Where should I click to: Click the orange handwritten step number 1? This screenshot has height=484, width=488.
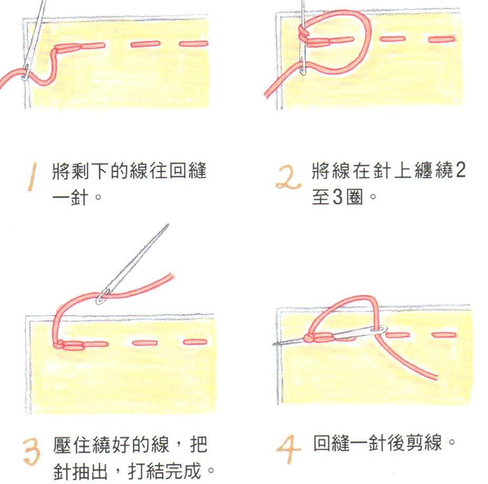click(x=32, y=177)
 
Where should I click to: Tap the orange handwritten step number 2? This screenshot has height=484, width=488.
click(x=288, y=178)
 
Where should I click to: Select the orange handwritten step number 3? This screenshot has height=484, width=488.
click(x=32, y=451)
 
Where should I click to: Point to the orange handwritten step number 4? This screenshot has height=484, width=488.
click(x=288, y=449)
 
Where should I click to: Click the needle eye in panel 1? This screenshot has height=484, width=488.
click(x=26, y=71)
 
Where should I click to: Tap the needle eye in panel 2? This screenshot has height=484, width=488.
click(x=303, y=66)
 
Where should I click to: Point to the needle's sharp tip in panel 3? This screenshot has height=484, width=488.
click(x=168, y=224)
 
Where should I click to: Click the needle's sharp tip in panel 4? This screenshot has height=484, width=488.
click(x=274, y=344)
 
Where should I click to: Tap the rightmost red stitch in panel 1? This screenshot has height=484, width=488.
click(x=194, y=44)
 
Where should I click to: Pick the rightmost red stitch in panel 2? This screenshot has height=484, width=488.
click(x=442, y=39)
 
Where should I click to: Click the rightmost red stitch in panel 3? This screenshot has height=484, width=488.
click(x=196, y=342)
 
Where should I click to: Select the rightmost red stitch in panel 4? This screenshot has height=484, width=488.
click(x=444, y=335)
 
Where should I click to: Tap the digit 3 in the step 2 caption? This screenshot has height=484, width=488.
click(x=338, y=197)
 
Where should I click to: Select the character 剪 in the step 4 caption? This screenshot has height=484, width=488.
click(x=414, y=443)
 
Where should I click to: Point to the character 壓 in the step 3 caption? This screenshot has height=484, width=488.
click(x=62, y=445)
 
